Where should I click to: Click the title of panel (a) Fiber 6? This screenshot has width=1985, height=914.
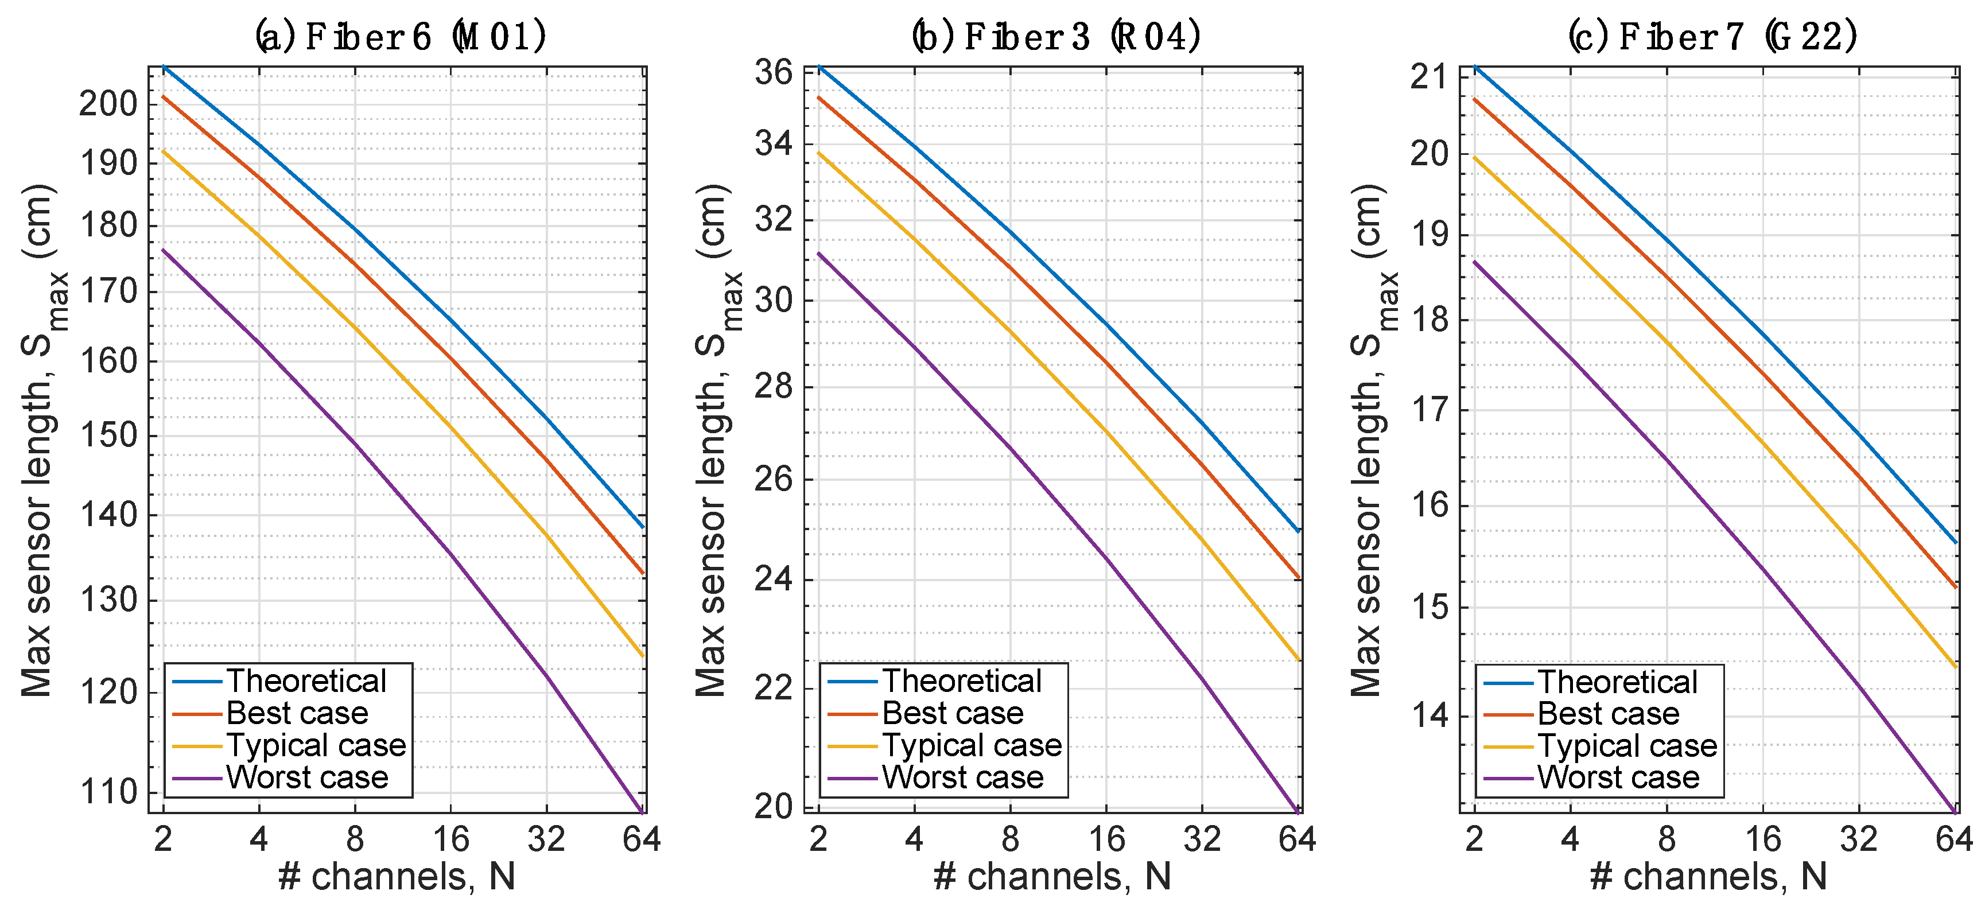pos(401,36)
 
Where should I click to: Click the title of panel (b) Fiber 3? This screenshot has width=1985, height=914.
pos(1056,36)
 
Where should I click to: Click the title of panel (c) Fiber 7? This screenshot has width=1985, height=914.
pos(1712,36)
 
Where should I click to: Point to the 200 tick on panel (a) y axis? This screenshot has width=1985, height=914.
pos(108,104)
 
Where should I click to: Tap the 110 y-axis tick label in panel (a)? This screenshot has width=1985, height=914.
pos(108,791)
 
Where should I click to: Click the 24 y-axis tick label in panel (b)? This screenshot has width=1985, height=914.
pos(773,579)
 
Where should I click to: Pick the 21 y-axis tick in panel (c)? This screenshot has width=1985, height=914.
pos(1429,77)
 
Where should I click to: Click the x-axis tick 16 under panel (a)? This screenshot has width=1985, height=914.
pos(451,838)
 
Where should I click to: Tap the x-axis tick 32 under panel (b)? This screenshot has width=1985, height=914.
pos(1202,838)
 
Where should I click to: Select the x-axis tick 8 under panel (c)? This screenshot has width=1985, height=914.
pos(1666,838)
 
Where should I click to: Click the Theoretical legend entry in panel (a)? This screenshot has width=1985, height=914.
pos(306,681)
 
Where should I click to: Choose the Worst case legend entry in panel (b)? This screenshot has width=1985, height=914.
pos(962,777)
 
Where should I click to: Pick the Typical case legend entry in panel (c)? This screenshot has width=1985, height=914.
pos(1627,745)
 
